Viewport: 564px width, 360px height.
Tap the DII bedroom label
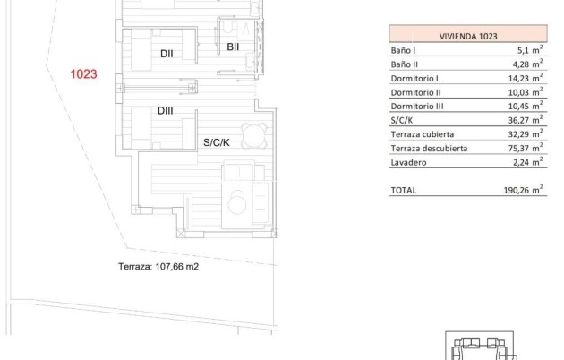click(x=167, y=54)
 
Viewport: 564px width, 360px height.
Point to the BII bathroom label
click(x=232, y=47)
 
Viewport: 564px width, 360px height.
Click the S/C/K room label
click(x=215, y=141)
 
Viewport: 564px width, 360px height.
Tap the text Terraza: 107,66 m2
click(x=158, y=266)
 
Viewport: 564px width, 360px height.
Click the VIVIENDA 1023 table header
click(x=468, y=36)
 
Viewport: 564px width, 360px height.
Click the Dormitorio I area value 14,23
click(x=524, y=78)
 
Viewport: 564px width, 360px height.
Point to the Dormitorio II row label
click(x=416, y=92)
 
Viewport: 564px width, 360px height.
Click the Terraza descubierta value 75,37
click(x=524, y=148)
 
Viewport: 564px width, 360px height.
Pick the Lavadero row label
click(x=408, y=162)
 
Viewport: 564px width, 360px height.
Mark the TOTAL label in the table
click(x=404, y=190)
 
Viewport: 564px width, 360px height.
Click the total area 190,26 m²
click(x=522, y=190)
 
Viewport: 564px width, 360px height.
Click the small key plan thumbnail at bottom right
click(x=482, y=347)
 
